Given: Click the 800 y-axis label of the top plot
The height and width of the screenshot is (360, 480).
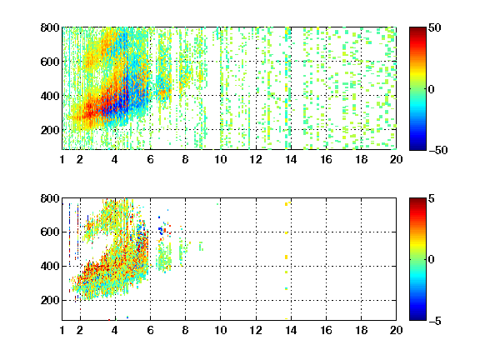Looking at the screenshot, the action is coord(50,27).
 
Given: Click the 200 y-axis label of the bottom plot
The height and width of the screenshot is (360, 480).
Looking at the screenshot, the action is coord(50,300).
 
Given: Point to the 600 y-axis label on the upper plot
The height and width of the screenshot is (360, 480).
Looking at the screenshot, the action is coord(50,62).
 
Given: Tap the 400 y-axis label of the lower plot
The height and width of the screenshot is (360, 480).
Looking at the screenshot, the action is coord(50,266).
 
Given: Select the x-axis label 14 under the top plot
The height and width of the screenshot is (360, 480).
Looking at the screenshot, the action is coord(291,159).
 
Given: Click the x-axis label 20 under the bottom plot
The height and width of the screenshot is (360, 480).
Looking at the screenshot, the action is coord(396,330).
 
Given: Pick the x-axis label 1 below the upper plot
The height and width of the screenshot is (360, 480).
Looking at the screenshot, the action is coord(62,159).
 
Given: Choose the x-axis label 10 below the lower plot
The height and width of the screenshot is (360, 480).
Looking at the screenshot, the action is coord(220,330).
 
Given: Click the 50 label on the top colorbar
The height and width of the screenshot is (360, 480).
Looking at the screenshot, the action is coord(435,27).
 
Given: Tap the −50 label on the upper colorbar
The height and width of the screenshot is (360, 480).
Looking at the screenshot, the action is coord(437,150).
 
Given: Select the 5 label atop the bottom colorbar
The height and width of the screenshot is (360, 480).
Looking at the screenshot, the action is coord(432,198).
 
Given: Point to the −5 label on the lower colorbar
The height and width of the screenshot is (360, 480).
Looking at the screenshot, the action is coord(435,321).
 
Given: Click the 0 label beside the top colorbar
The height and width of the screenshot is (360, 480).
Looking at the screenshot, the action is coord(432,89).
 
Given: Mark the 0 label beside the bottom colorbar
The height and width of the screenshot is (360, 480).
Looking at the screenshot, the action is coord(432,260).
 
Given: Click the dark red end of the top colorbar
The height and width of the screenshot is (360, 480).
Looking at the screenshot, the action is coord(417,29).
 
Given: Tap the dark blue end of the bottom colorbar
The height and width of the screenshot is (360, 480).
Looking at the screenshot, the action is coord(417,317).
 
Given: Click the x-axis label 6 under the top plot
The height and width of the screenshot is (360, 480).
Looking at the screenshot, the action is coord(150,159).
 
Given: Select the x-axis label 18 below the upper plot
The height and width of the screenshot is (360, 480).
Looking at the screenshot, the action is coord(361,159).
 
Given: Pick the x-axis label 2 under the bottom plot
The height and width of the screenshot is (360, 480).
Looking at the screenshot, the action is coord(80,330).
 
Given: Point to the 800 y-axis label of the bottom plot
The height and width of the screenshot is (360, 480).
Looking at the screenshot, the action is coord(50,198).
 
